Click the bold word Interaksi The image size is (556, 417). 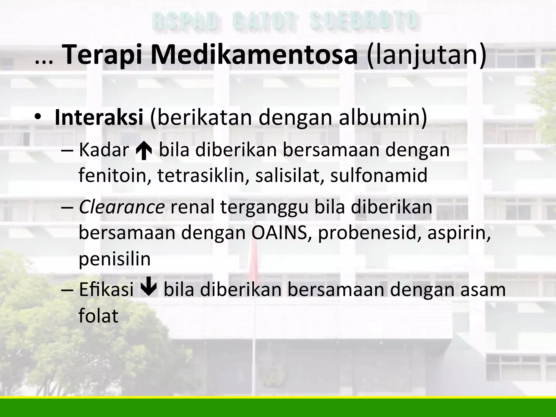tap(99, 118)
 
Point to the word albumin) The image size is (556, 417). tap(383, 118)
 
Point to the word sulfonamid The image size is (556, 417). tap(379, 175)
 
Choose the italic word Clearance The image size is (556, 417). tap(122, 207)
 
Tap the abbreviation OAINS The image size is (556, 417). tap(281, 233)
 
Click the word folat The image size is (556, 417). tap(98, 315)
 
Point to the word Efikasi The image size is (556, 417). tap(106, 290)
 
